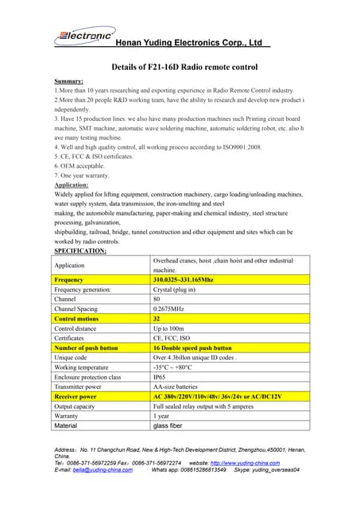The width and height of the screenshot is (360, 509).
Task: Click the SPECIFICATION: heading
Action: (80, 251)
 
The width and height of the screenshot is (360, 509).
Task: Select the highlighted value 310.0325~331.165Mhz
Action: (183, 280)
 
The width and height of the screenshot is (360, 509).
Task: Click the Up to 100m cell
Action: (169, 328)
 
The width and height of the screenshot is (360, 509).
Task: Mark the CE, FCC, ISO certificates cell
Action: (172, 337)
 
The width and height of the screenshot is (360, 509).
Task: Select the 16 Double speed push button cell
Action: (192, 348)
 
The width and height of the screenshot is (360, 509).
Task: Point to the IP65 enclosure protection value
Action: (160, 376)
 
